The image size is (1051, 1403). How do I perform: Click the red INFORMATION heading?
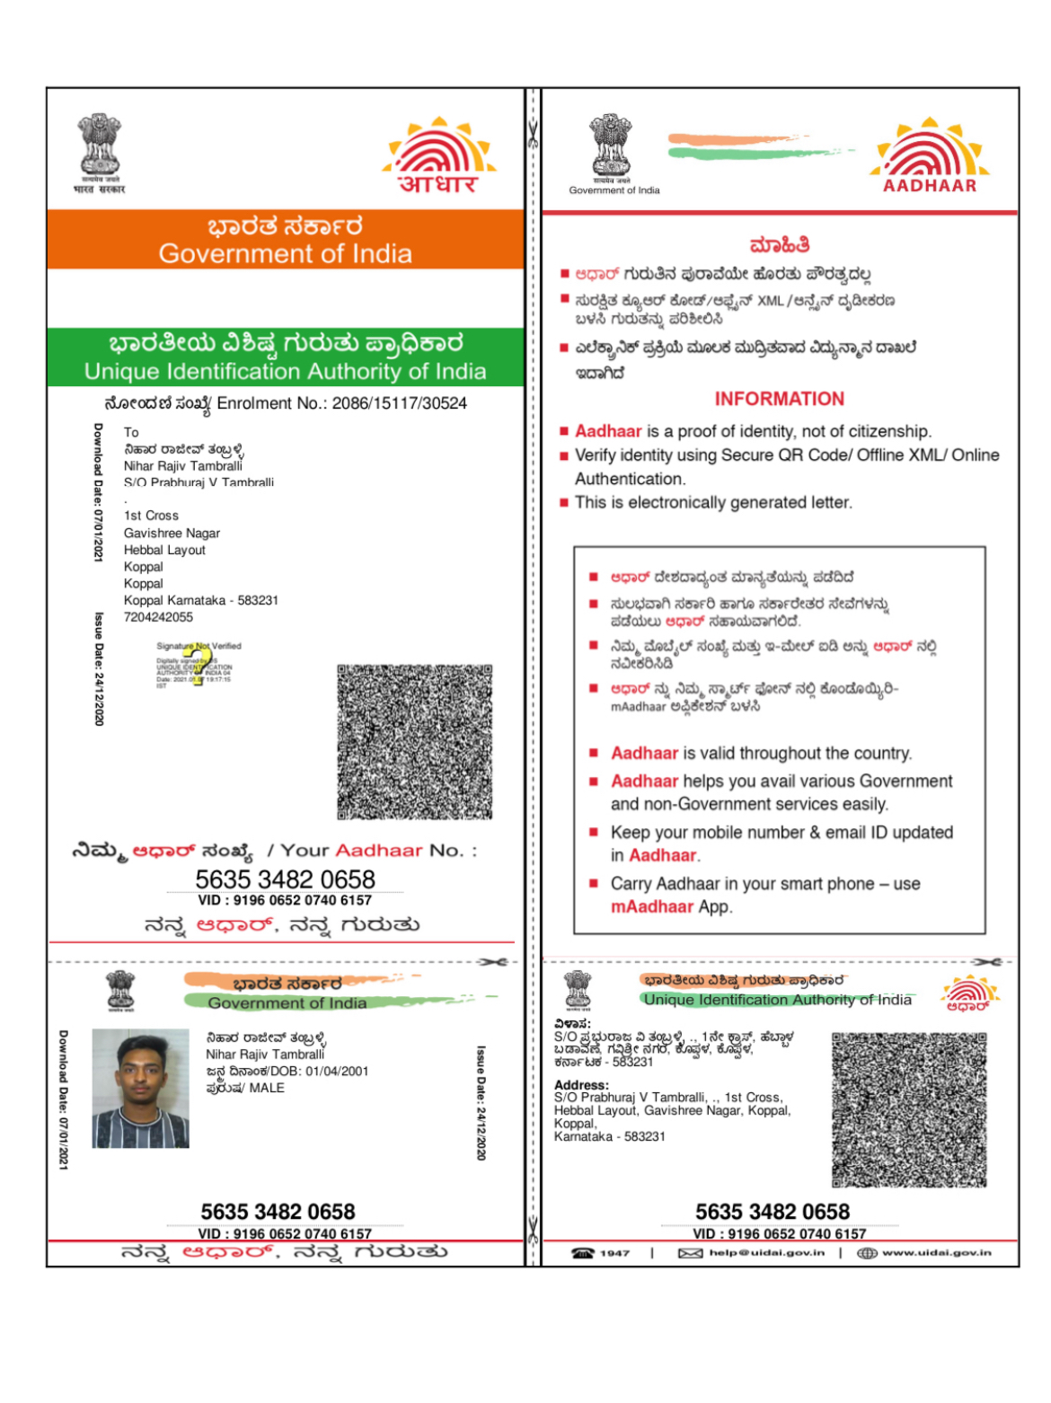[779, 399]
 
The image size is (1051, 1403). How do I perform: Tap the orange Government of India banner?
[285, 240]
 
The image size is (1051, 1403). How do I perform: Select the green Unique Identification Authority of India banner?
[285, 357]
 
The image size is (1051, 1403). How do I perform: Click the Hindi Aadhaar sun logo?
[438, 156]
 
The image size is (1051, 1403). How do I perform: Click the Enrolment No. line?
[286, 403]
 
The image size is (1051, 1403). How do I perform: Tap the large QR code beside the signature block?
[414, 742]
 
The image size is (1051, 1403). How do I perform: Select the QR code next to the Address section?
[909, 1109]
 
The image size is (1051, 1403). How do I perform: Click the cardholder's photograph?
[141, 1088]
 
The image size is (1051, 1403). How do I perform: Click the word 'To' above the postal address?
[131, 432]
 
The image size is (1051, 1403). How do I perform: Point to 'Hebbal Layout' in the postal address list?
[164, 550]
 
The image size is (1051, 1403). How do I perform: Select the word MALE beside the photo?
[267, 1088]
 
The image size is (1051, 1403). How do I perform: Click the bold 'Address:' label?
[581, 1085]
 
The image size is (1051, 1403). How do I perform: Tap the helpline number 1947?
[614, 1253]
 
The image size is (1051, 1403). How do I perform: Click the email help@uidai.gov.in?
[766, 1253]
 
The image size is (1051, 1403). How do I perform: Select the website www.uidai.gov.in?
[936, 1253]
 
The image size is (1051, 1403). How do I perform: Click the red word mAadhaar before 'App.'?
[652, 907]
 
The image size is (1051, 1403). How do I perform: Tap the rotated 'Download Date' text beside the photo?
[63, 1099]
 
